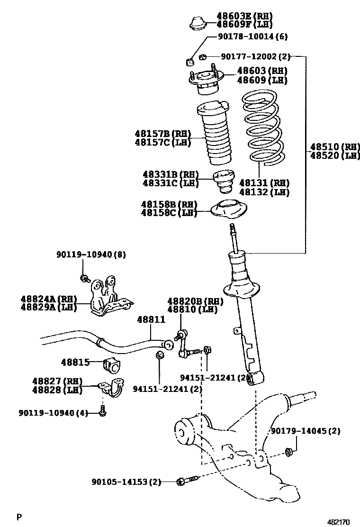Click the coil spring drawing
click(262, 129)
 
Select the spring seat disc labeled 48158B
click(229, 210)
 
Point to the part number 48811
click(152, 319)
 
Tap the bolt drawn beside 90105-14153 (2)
click(185, 482)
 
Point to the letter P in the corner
click(19, 517)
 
